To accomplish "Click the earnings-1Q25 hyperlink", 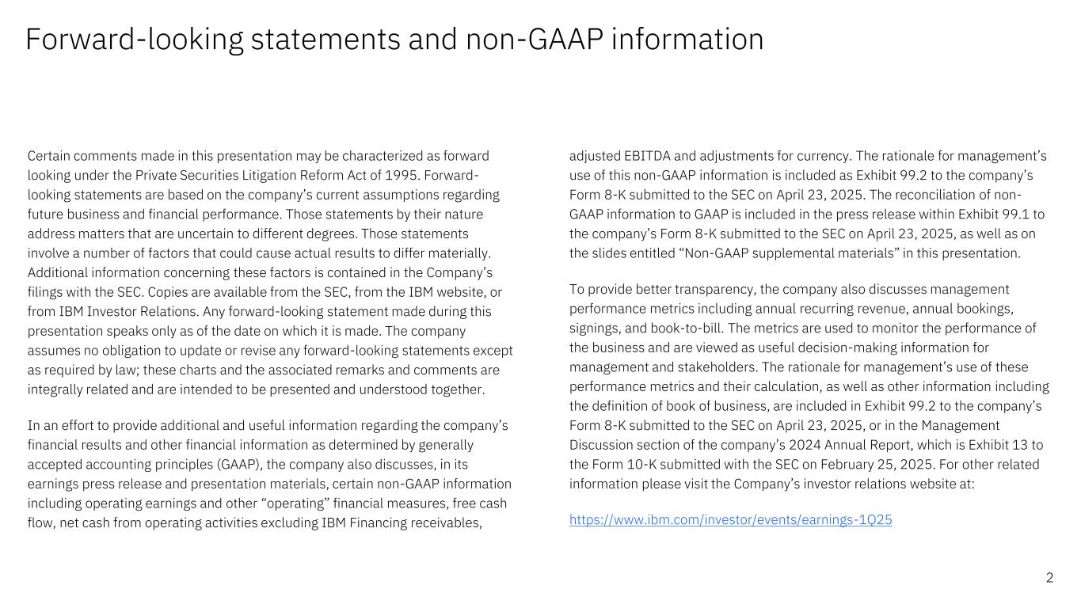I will [730, 520].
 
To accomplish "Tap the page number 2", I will [1049, 578].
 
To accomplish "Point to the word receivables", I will [443, 522].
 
